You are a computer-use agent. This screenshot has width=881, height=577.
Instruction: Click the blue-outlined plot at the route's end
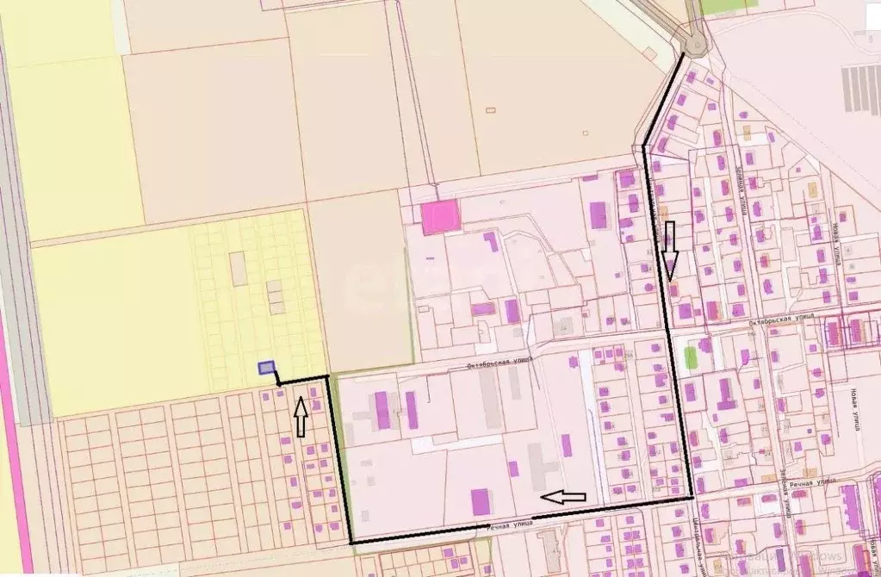click(267, 368)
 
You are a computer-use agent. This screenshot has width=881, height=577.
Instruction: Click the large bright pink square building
click(440, 217)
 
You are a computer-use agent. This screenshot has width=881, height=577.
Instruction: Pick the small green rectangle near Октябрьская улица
click(690, 357)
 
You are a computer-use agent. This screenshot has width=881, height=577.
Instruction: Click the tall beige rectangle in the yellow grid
click(239, 269)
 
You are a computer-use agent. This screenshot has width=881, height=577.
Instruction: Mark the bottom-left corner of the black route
click(351, 542)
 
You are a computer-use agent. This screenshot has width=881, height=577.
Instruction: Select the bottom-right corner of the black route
click(692, 497)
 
